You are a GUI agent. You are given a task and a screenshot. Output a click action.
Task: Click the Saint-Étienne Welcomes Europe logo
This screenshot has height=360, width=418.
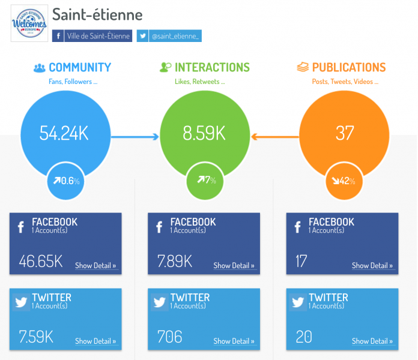pyautogui.click(x=29, y=24)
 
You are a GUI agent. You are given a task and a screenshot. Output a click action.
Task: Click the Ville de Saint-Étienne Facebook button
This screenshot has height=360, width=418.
pyautogui.click(x=92, y=36)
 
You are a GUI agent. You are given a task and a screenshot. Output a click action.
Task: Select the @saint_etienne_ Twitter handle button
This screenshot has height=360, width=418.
pyautogui.click(x=169, y=36)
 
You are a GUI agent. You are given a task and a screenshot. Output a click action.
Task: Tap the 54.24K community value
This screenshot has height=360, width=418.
pyautogui.click(x=64, y=133)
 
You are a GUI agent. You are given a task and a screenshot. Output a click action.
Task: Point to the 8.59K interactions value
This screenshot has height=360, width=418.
pyautogui.click(x=204, y=133)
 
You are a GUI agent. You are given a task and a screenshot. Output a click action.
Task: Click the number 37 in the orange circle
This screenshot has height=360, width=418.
pyautogui.click(x=345, y=133)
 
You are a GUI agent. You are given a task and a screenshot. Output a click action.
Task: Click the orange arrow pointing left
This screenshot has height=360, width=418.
pyautogui.click(x=274, y=137)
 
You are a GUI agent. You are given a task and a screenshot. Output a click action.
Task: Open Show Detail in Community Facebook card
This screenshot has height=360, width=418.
pyautogui.click(x=95, y=266)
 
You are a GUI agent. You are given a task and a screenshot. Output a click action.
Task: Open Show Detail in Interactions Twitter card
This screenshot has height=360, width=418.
pyautogui.click(x=234, y=341)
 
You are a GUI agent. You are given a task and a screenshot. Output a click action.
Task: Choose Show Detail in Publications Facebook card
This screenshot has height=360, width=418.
pyautogui.click(x=372, y=266)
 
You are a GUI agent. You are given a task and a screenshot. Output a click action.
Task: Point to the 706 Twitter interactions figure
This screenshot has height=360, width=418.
pyautogui.click(x=169, y=337)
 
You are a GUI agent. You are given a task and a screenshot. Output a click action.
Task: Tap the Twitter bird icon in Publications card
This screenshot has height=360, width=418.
pyautogui.click(x=298, y=302)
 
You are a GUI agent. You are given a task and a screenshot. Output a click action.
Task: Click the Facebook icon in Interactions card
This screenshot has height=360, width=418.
pyautogui.click(x=159, y=227)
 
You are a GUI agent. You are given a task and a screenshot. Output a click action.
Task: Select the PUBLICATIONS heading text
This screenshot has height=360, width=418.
pyautogui.click(x=348, y=68)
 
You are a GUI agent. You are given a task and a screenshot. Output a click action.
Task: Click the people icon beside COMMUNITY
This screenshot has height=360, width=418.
pyautogui.click(x=40, y=68)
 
